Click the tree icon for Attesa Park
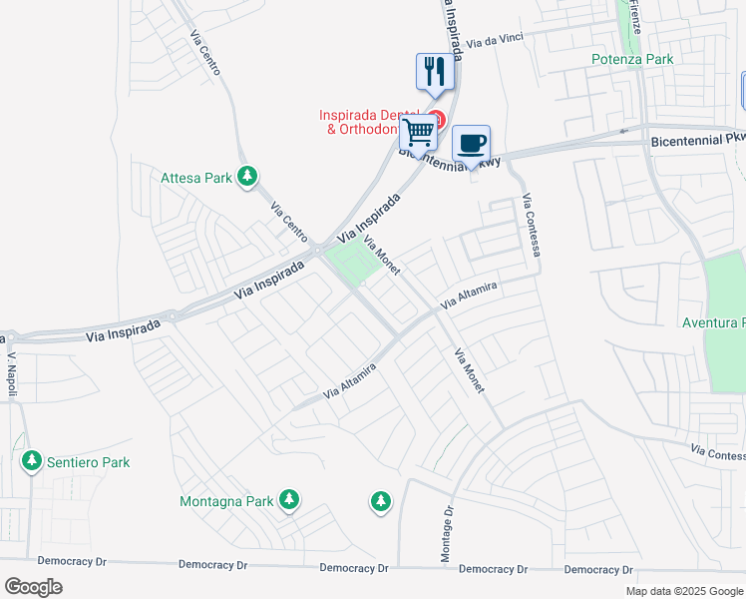click(248, 178)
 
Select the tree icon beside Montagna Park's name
click(289, 499)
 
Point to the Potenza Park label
click(631, 59)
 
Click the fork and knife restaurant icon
click(433, 71)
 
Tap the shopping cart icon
click(420, 130)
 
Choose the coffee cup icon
click(471, 143)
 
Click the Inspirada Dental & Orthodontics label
click(364, 122)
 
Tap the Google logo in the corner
click(33, 586)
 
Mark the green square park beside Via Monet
click(351, 264)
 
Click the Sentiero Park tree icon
click(32, 461)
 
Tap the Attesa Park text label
click(197, 179)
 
